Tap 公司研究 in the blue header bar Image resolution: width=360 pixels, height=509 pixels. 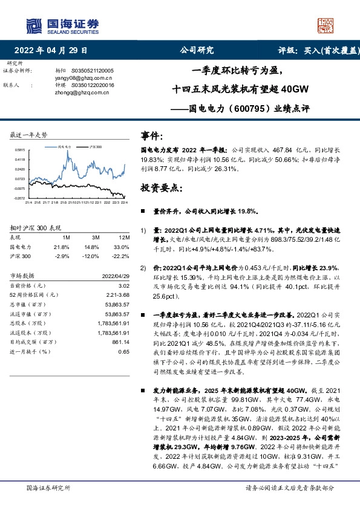click(x=197, y=51)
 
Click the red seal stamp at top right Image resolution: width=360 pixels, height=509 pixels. click(x=326, y=24)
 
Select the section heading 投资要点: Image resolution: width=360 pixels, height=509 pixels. click(x=160, y=188)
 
